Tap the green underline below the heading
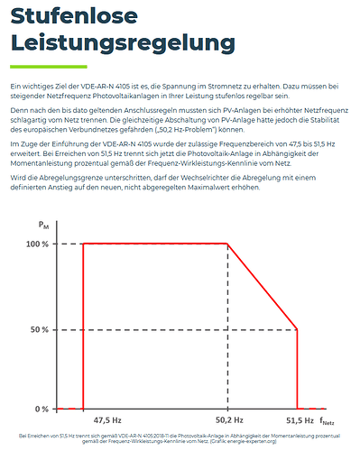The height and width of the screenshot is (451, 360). point(49,67)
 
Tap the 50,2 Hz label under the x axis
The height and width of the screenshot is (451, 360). point(228,420)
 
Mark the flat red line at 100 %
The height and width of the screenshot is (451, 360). point(153,244)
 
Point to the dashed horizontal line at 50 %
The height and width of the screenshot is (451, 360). point(180,328)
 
